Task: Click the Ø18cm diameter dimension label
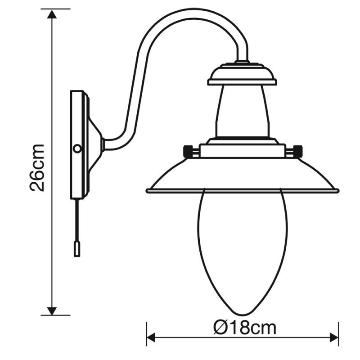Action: [245, 328]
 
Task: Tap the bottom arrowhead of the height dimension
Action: [52, 310]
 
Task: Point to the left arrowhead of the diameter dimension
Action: [151, 337]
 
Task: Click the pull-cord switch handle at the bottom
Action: [77, 248]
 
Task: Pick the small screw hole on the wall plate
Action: [77, 148]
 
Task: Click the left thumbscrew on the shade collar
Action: [191, 150]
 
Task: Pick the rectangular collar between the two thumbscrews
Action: [242, 150]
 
